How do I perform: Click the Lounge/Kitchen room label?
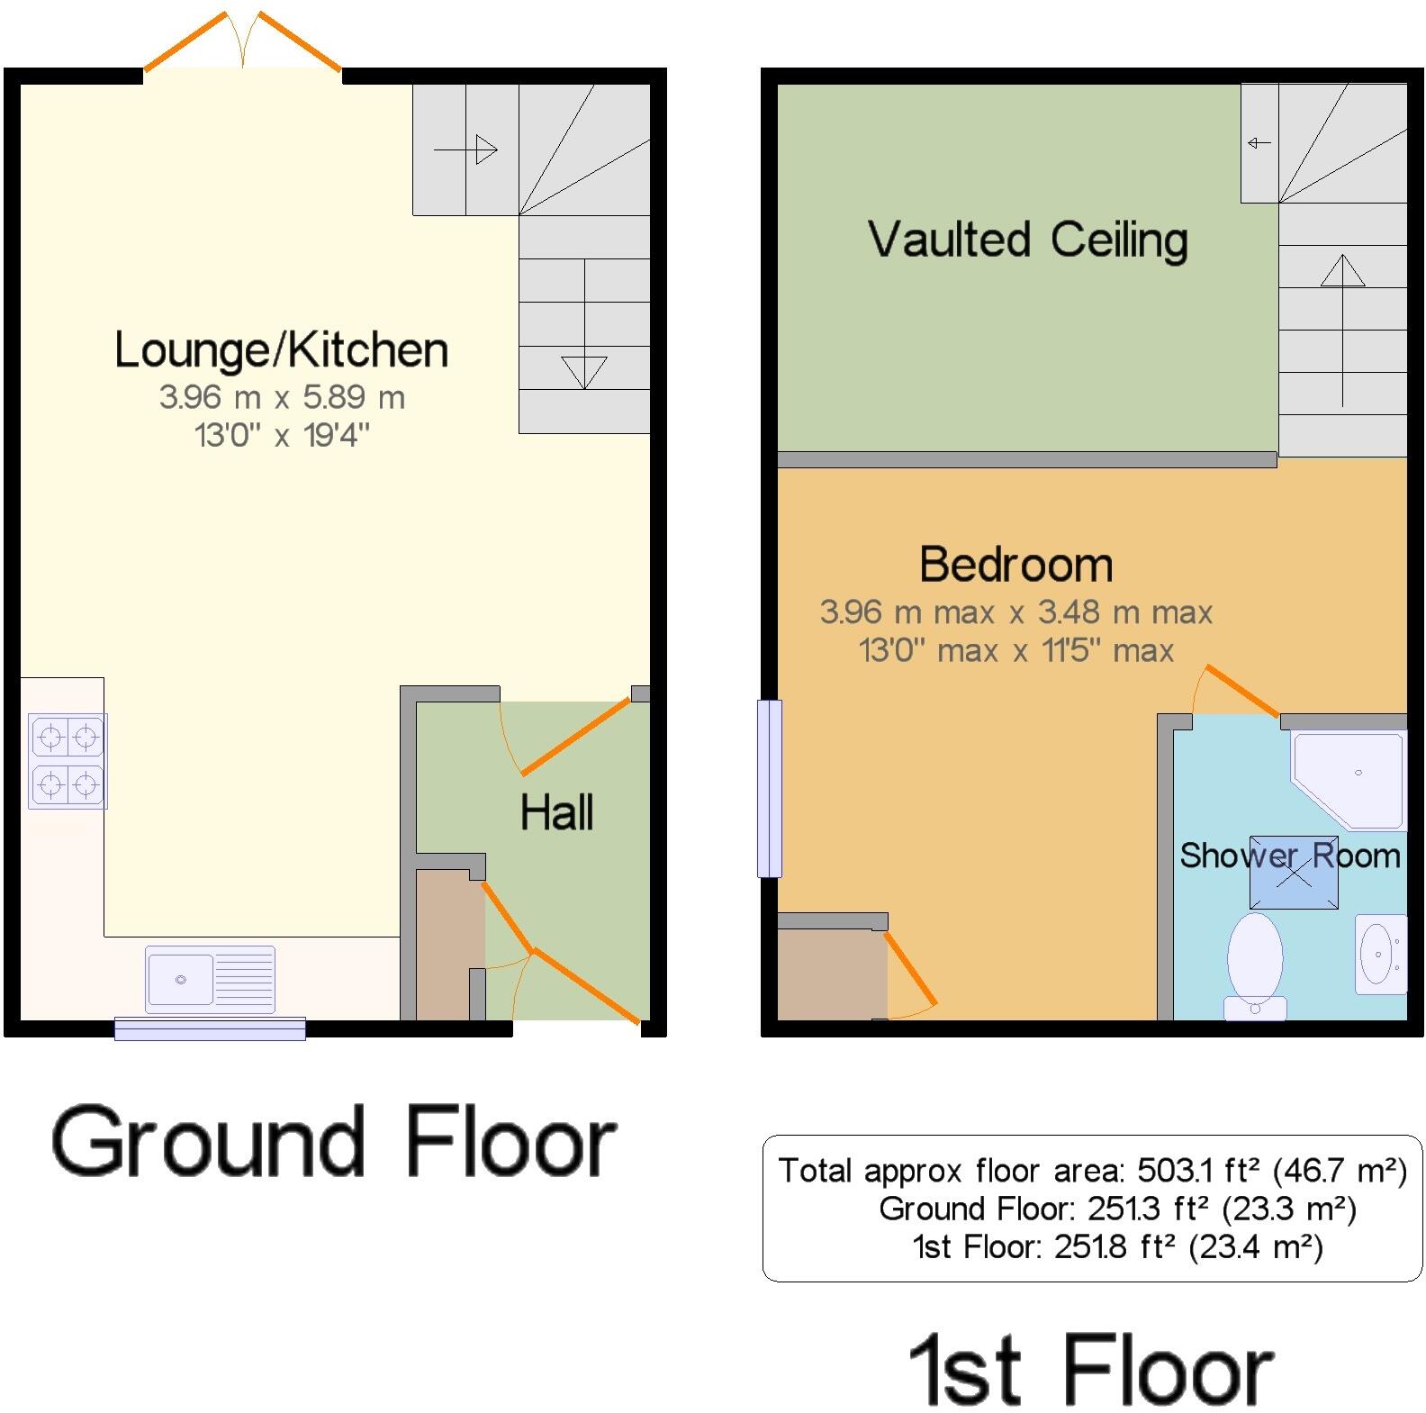281,350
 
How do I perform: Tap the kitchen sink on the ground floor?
210,979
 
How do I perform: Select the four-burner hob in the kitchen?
68,761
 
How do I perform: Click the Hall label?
556,812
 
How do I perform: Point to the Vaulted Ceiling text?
1027,240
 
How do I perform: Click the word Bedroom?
1015,565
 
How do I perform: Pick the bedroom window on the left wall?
770,788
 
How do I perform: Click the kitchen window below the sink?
210,1028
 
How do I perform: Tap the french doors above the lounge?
243,41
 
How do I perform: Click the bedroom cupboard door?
910,968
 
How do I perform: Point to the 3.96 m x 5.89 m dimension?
282,397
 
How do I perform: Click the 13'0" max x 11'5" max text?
1015,650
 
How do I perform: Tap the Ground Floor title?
333,1142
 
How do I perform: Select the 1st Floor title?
1090,1371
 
